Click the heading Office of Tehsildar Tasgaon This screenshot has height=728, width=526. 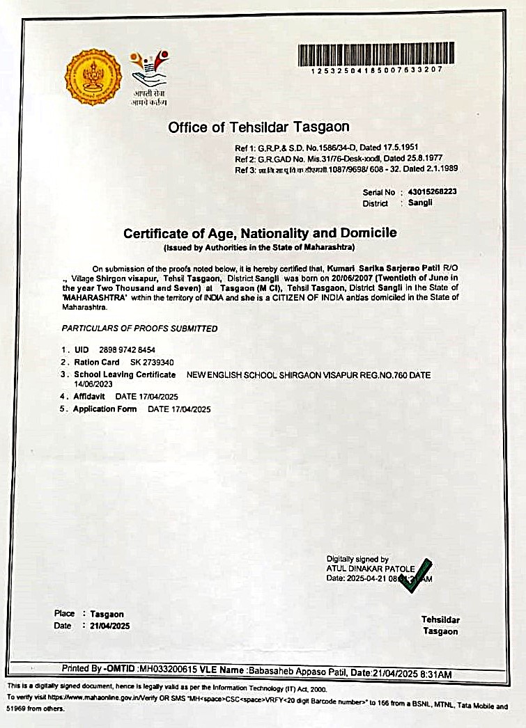point(258,127)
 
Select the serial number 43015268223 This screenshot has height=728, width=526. point(433,192)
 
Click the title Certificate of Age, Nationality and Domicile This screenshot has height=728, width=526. point(260,233)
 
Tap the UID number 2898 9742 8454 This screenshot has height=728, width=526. point(128,350)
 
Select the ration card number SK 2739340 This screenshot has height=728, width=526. point(152,363)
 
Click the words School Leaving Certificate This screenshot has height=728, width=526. point(125,374)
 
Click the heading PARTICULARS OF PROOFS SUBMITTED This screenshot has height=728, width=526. point(139,329)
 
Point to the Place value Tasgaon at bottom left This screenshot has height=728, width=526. point(107,614)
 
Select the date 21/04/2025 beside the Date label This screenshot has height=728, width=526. point(110,626)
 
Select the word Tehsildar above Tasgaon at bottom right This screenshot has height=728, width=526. point(440,619)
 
